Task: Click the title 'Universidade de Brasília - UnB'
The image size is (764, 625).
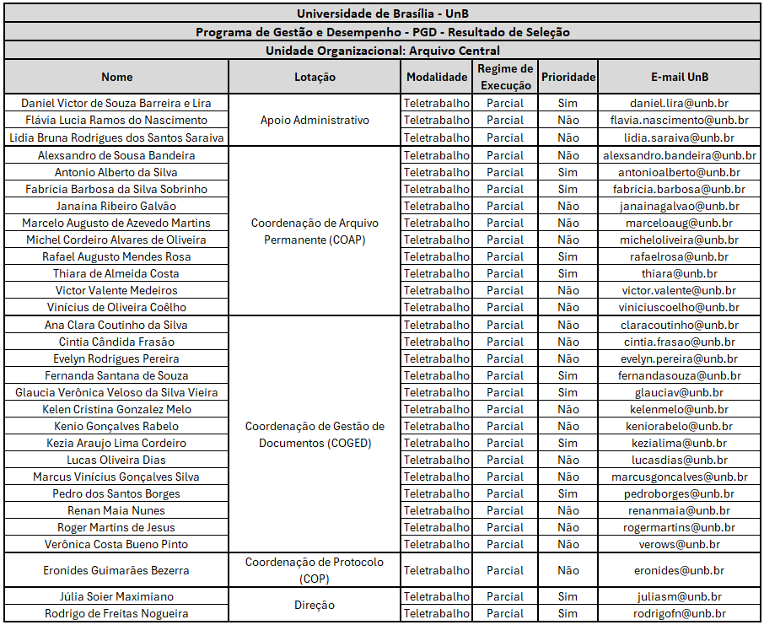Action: [x=382, y=13]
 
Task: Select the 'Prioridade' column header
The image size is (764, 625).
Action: [x=568, y=77]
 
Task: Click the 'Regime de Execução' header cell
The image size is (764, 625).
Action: [x=505, y=77]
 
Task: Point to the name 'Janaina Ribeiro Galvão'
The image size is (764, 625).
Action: [x=116, y=206]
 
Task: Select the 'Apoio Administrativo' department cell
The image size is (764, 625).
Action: [x=315, y=120]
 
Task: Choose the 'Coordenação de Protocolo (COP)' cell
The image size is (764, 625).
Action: [x=315, y=570]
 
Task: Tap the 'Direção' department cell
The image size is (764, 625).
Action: [x=315, y=605]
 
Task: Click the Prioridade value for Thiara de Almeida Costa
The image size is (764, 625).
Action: [x=568, y=273]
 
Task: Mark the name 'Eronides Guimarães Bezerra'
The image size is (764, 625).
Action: [x=116, y=570]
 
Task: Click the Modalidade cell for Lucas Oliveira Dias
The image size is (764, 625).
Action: [x=437, y=460]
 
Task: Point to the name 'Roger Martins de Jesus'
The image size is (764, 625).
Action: [x=116, y=527]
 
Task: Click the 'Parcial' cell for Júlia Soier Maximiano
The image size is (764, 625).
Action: [x=505, y=596]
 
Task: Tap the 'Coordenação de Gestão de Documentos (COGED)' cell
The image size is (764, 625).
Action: [x=315, y=434]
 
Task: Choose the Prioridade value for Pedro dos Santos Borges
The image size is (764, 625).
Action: [x=568, y=493]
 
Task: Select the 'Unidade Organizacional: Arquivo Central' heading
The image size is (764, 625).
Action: [x=382, y=51]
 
